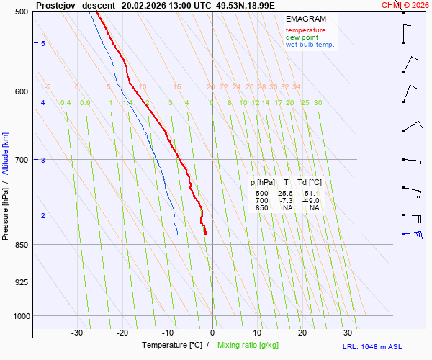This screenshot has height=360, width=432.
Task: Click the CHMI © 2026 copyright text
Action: pyautogui.click(x=405, y=4)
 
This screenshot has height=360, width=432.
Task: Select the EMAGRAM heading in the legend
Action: pyautogui.click(x=306, y=19)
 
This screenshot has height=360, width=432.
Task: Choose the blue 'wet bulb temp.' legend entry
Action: pyautogui.click(x=310, y=45)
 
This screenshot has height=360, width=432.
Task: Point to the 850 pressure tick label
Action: pyautogui.click(x=22, y=245)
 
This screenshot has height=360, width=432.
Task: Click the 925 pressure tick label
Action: pyautogui.click(x=22, y=282)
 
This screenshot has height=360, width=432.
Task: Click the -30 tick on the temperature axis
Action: pyautogui.click(x=77, y=333)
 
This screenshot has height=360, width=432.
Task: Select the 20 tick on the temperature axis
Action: pyautogui.click(x=302, y=333)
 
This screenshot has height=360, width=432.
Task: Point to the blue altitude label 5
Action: pyautogui.click(x=43, y=44)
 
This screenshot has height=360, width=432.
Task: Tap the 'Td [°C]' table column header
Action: pyautogui.click(x=310, y=183)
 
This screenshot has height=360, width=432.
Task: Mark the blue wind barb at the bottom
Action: pyautogui.click(x=413, y=233)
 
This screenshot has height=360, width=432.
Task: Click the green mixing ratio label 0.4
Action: pyautogui.click(x=66, y=103)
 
